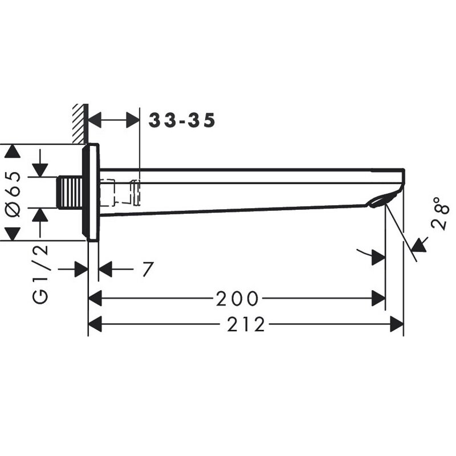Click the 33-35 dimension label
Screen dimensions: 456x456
click(182, 120)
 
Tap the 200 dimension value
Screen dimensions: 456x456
click(237, 298)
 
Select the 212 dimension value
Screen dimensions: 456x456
click(246, 324)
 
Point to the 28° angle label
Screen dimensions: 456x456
click(441, 213)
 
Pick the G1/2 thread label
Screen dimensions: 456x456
click(39, 275)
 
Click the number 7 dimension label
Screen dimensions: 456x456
click(148, 269)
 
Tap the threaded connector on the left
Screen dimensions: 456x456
click(70, 192)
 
